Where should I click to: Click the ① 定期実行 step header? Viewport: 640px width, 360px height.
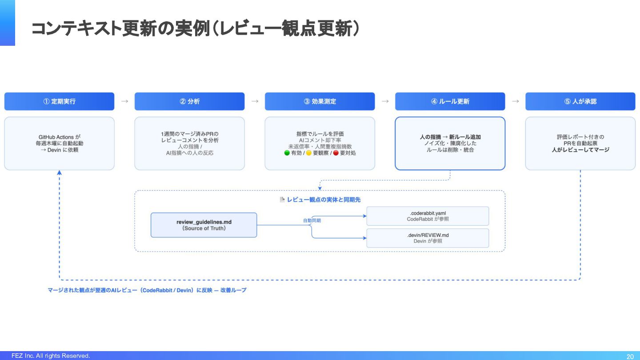pyautogui.click(x=59, y=101)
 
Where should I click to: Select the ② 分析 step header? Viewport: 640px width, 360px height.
pyautogui.click(x=189, y=101)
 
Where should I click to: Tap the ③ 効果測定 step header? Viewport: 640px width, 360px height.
pyautogui.click(x=320, y=101)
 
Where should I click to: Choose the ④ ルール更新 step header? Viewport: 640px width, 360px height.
pyautogui.click(x=450, y=101)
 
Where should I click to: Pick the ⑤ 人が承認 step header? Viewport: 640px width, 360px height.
pyautogui.click(x=580, y=101)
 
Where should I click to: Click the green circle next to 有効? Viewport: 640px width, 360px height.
pyautogui.click(x=287, y=153)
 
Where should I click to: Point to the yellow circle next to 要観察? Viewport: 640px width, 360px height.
pyautogui.click(x=308, y=153)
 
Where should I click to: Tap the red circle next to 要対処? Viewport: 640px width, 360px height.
pyautogui.click(x=336, y=153)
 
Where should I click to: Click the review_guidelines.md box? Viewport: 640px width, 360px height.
pyautogui.click(x=204, y=225)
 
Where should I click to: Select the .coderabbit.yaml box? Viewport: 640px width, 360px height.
pyautogui.click(x=428, y=216)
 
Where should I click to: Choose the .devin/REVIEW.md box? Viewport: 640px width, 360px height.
pyautogui.click(x=428, y=238)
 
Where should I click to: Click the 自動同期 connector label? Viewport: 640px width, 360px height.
pyautogui.click(x=312, y=220)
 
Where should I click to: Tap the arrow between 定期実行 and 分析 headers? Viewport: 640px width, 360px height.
pyautogui.click(x=124, y=101)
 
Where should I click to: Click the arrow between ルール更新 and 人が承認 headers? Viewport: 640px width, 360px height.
pyautogui.click(x=516, y=101)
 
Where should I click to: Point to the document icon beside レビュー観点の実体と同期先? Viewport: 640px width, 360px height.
pyautogui.click(x=282, y=200)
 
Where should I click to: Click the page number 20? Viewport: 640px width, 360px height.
pyautogui.click(x=630, y=356)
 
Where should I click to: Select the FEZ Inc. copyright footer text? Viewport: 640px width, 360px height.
pyautogui.click(x=51, y=356)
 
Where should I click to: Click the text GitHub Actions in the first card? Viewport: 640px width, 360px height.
pyautogui.click(x=56, y=137)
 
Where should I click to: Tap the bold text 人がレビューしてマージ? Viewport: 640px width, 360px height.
pyautogui.click(x=580, y=150)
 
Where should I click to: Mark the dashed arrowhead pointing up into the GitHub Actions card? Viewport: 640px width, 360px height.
pyautogui.click(x=59, y=172)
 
